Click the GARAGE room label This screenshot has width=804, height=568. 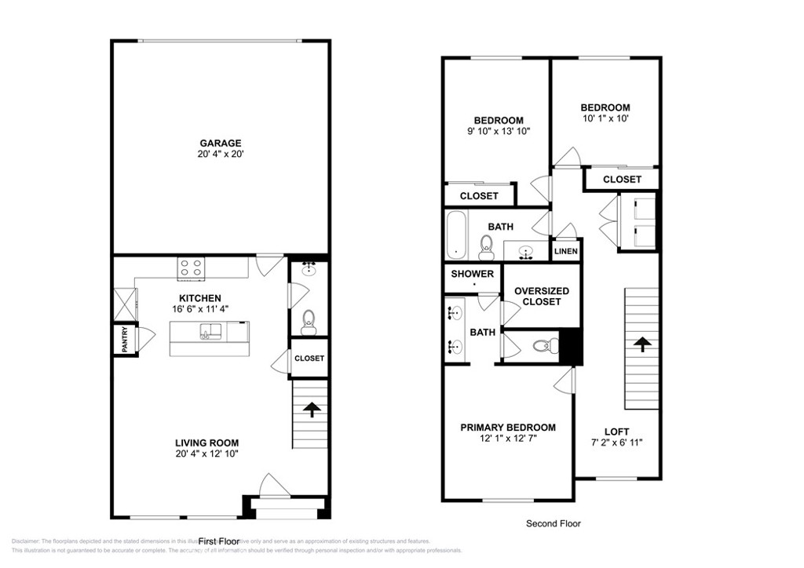220,143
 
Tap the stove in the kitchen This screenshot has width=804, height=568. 191,268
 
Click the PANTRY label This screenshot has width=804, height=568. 123,340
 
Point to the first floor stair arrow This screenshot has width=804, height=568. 312,410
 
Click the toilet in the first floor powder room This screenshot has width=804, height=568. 309,320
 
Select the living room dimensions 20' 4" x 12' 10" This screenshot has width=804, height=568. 207,453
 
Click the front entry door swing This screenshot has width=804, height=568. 269,484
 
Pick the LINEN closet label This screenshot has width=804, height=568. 565,251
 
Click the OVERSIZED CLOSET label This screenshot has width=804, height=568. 542,296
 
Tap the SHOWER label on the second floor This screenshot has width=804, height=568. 473,274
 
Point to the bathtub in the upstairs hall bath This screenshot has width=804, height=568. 455,235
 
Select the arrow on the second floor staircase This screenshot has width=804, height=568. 641,344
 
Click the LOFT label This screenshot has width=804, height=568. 616,431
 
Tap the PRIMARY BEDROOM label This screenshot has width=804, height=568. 507,428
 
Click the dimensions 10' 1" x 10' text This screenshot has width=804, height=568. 605,118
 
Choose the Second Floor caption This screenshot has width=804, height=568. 553,523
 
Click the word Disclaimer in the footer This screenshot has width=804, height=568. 25,541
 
